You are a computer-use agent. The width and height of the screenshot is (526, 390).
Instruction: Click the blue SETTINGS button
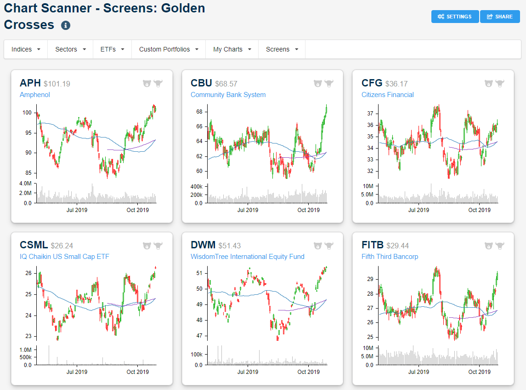click(455, 17)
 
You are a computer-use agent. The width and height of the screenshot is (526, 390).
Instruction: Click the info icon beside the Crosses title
click(66, 25)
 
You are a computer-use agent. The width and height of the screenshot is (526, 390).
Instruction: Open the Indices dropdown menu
click(26, 49)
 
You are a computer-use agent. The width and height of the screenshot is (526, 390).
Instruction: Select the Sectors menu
click(70, 49)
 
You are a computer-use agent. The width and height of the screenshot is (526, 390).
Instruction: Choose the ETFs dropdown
click(112, 49)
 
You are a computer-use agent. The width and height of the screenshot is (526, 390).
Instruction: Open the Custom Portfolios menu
click(168, 49)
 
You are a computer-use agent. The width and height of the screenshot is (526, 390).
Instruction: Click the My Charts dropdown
click(232, 49)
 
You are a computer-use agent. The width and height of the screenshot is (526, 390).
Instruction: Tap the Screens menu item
click(282, 49)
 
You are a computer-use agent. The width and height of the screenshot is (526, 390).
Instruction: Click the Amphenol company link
click(35, 95)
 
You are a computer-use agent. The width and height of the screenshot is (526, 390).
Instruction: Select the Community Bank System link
click(228, 95)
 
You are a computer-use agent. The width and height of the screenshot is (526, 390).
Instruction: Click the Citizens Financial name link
click(387, 95)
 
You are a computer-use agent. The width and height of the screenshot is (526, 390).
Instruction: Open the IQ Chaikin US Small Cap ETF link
click(64, 257)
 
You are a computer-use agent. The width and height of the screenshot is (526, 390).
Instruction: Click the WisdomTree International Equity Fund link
click(247, 257)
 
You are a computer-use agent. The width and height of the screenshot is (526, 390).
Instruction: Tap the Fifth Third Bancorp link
click(390, 257)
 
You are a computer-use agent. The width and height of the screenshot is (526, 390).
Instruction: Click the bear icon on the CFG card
click(488, 84)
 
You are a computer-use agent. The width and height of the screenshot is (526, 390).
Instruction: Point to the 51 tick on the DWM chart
click(199, 273)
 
